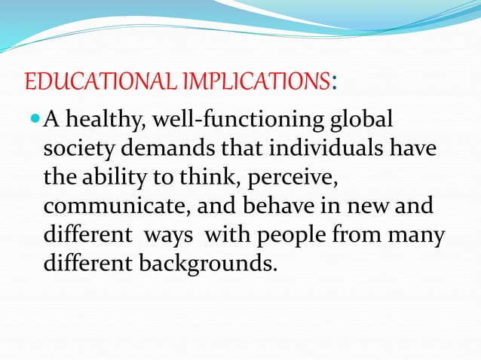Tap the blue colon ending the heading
coord(333,81)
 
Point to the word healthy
coord(104,121)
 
